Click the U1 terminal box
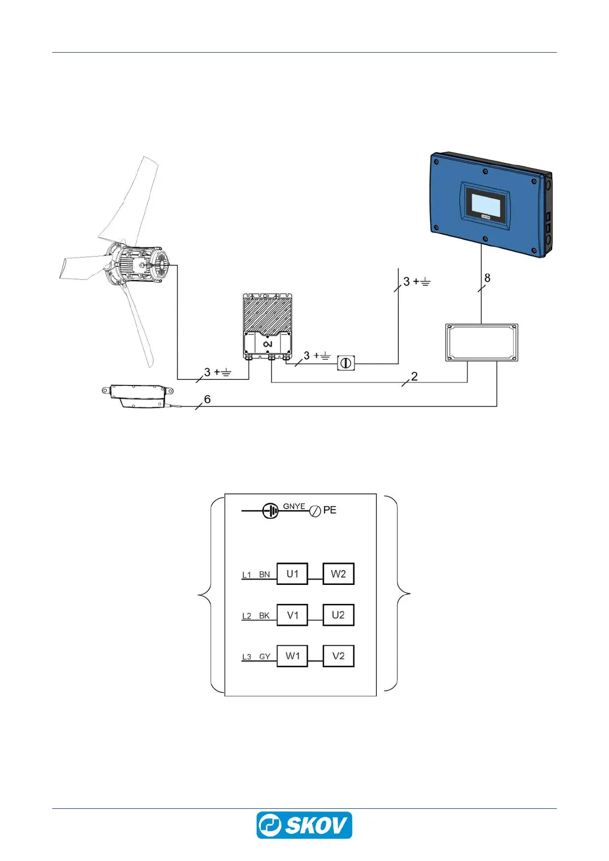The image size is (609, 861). coord(292,574)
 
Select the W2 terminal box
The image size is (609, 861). coord(338,574)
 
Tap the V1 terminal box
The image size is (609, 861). coord(292,615)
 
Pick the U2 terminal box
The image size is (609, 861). coord(338,615)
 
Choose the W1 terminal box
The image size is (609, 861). coord(292,656)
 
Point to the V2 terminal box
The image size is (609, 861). coord(338,656)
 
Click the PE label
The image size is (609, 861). coord(330,510)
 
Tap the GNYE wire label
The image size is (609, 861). coord(294,506)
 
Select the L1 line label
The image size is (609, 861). coord(246,575)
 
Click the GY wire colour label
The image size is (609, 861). coord(264,656)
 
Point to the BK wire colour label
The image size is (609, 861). coord(264,616)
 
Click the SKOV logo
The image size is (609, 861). coord(304,825)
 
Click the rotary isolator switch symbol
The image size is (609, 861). coord(346,363)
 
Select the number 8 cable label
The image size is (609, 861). coord(487,278)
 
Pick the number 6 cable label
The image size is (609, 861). coord(207,399)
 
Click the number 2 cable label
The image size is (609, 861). coord(414,376)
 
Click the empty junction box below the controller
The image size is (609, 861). coord(482,343)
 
